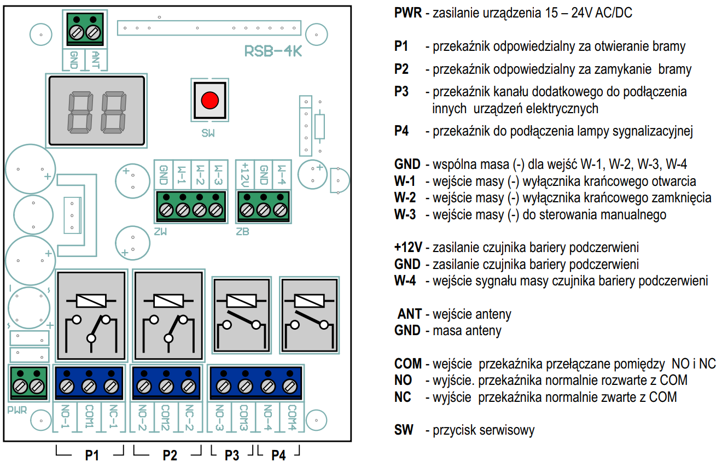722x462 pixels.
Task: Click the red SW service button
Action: click(x=209, y=101)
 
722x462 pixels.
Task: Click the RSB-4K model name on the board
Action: click(x=273, y=51)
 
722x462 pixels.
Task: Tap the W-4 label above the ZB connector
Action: click(x=281, y=175)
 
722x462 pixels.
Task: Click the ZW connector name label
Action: click(x=160, y=231)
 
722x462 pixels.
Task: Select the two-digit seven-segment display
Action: click(x=96, y=112)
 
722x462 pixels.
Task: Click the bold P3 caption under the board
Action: click(x=232, y=455)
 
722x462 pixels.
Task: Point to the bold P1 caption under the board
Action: click(x=91, y=455)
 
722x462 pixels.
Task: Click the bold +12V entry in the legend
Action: click(x=408, y=248)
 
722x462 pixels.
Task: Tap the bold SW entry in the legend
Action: click(x=404, y=430)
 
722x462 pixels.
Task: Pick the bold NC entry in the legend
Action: click(x=403, y=397)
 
